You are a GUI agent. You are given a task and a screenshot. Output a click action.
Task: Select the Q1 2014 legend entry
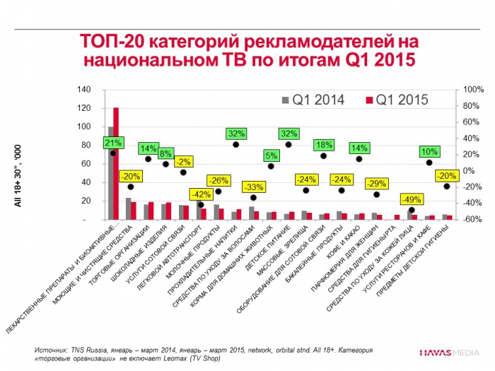[313, 100]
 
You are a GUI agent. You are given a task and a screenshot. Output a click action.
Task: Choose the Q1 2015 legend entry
[397, 100]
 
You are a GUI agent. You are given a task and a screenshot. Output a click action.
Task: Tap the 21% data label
[112, 143]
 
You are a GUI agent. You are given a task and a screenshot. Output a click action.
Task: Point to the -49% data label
[412, 199]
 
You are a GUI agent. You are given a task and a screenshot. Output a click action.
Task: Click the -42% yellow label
[200, 194]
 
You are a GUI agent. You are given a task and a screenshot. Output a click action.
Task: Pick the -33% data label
[253, 187]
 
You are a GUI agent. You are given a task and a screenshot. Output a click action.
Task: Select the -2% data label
[183, 161]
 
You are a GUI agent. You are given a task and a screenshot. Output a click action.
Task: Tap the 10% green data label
[429, 151]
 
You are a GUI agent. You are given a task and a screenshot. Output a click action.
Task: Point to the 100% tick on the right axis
[472, 90]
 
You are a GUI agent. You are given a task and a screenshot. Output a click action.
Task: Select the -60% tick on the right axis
[472, 220]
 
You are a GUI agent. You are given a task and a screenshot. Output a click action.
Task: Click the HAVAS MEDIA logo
[448, 351]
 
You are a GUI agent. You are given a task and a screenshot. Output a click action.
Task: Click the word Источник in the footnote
[50, 350]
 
